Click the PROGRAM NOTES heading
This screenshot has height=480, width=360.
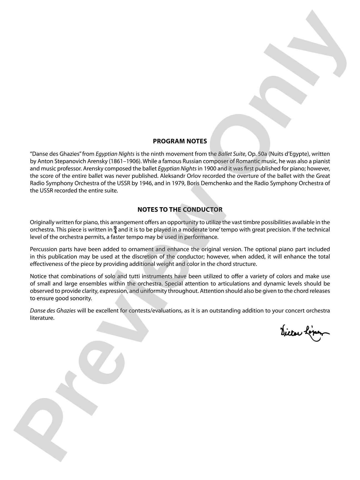click(x=180, y=141)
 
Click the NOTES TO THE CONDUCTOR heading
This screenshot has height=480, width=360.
click(x=180, y=209)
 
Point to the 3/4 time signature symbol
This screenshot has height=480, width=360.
click(x=115, y=230)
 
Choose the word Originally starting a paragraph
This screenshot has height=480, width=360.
click(x=42, y=222)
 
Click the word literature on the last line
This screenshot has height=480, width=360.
click(x=42, y=318)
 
